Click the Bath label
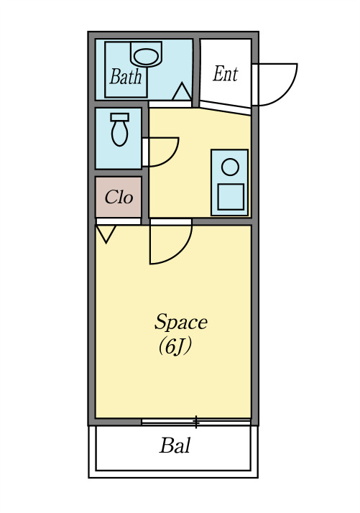tap(126, 77)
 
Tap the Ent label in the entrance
tap(226, 74)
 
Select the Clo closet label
tap(119, 197)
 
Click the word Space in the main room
tap(180, 323)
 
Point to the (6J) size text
tap(175, 346)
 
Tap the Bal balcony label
tap(175, 445)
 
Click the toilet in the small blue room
tap(120, 129)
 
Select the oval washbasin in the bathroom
tap(146, 56)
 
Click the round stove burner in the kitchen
tap(230, 167)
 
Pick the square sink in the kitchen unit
tap(231, 197)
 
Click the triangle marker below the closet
tap(106, 234)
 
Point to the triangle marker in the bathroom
tap(182, 92)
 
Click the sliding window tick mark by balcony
tap(195, 422)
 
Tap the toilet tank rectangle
tap(120, 117)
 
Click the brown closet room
tap(119, 197)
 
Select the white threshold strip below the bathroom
tap(170, 104)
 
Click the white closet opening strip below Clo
tap(119, 221)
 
